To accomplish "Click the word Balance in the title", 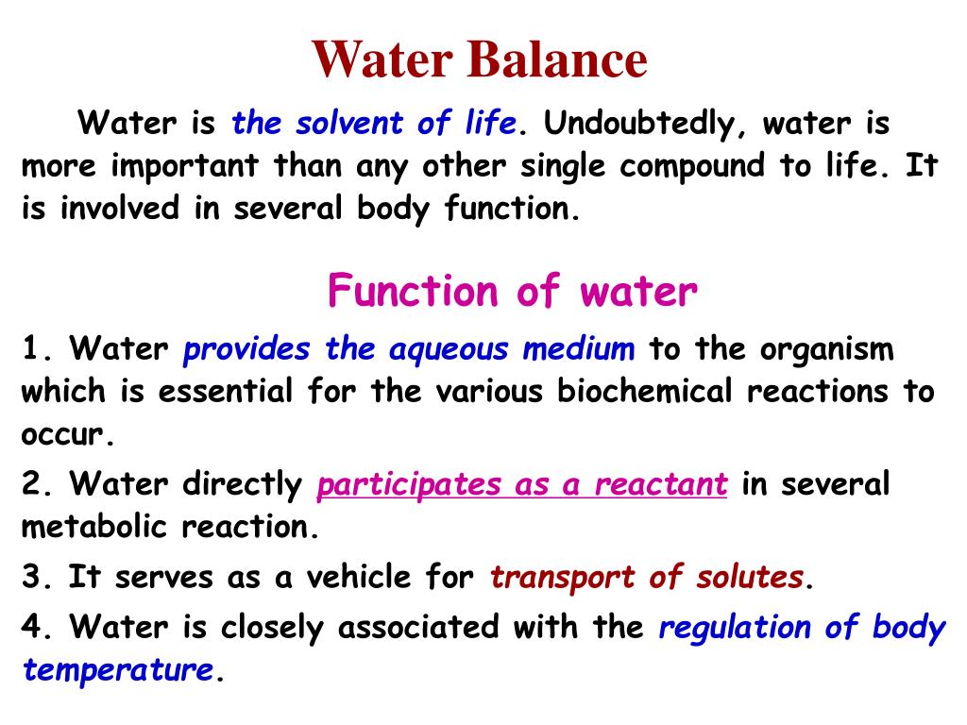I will point(556,60).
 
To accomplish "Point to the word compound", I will point(691,166).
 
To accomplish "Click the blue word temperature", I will point(118,671).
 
